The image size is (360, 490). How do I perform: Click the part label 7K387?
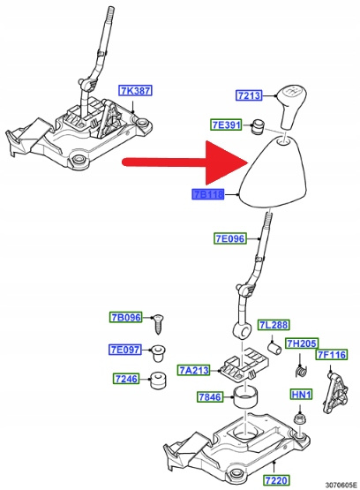tap(135, 91)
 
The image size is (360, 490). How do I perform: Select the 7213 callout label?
tap(249, 95)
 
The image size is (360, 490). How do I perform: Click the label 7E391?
tap(226, 125)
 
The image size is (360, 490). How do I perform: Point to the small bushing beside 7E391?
tap(258, 127)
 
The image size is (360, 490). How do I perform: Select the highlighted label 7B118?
tap(208, 195)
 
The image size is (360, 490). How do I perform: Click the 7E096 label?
tap(230, 238)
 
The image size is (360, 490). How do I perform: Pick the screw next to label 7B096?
tap(158, 324)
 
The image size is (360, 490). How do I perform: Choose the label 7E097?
tap(125, 350)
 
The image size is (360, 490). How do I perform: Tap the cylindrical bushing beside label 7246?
tap(158, 381)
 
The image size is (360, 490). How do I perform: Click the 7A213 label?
tap(194, 370)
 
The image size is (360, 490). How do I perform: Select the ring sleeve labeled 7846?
tap(246, 397)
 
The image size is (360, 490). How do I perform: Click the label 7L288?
tap(274, 325)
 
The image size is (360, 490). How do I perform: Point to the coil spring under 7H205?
tap(301, 370)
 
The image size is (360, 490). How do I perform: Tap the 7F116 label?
tap(332, 355)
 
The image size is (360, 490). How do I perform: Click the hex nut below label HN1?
tap(300, 418)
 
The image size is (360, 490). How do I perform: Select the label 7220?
tap(276, 479)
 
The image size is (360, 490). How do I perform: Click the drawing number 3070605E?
tap(341, 485)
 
